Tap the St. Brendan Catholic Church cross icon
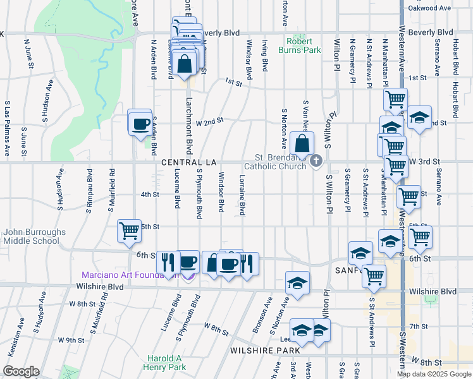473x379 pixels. (315, 162)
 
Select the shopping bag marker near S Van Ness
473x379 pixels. (303, 143)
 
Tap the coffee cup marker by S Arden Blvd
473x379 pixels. (140, 123)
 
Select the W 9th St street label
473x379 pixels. (71, 340)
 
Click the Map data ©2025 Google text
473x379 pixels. (434, 374)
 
